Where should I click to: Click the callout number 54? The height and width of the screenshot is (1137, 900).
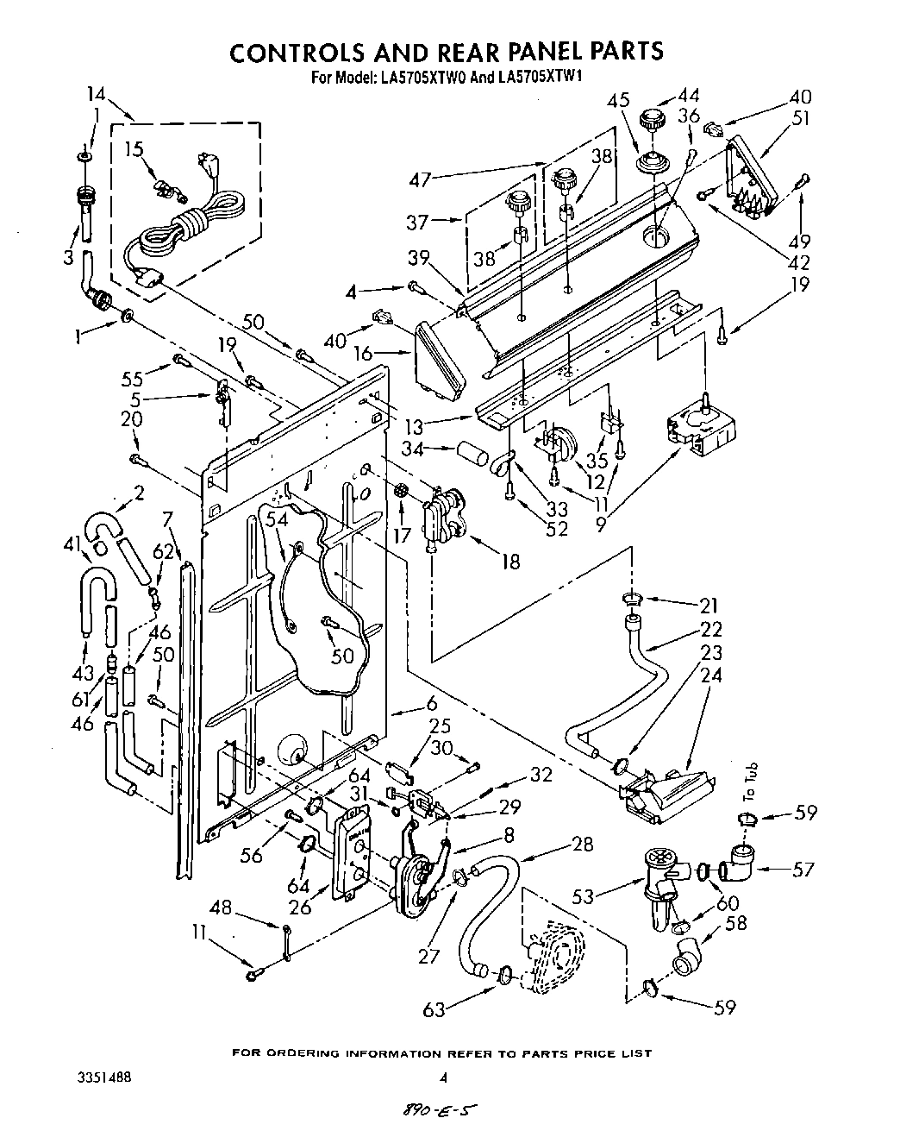(x=275, y=518)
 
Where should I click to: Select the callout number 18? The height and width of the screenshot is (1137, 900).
(x=510, y=562)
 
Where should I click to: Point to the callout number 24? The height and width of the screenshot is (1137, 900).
(x=711, y=676)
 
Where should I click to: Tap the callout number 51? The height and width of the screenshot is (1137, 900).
(x=801, y=119)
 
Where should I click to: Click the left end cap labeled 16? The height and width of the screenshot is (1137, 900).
(x=438, y=362)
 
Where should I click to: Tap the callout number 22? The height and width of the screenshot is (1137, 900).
(x=711, y=629)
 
